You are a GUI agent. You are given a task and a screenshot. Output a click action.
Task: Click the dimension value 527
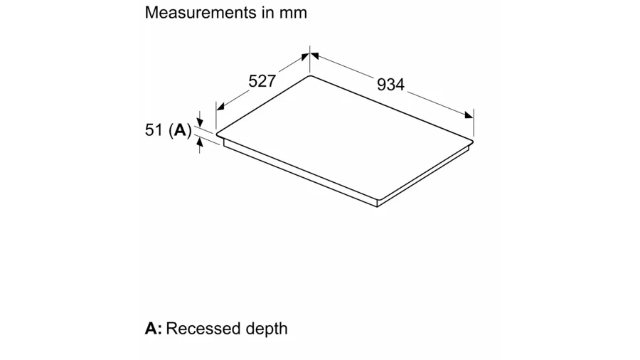pos(262,81)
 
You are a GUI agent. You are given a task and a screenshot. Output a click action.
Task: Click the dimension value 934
pos(390,85)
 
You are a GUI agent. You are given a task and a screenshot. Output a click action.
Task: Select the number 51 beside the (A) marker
pos(154,129)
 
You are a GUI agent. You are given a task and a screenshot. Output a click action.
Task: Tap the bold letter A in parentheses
pos(180,130)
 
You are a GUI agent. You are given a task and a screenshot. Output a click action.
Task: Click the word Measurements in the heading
pos(201,13)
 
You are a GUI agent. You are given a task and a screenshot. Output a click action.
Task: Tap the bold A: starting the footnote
pos(154,329)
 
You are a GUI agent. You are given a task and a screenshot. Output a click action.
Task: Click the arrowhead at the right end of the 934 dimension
pos(469,115)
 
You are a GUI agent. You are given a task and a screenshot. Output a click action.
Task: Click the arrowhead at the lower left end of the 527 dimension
pos(220,107)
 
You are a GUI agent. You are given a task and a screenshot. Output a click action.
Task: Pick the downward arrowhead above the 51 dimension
pos(200,122)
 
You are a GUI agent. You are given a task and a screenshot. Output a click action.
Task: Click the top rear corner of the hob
pos(310,75)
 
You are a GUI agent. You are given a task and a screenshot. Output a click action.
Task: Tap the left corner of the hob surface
pos(217,134)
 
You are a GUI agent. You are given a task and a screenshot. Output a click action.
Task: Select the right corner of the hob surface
pos(473,142)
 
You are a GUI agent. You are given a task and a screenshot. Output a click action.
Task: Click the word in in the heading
pos(267,13)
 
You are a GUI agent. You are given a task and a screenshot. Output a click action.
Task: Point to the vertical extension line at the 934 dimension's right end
pos(474,122)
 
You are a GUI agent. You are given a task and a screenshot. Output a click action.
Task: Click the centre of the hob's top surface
pos(345,138)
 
